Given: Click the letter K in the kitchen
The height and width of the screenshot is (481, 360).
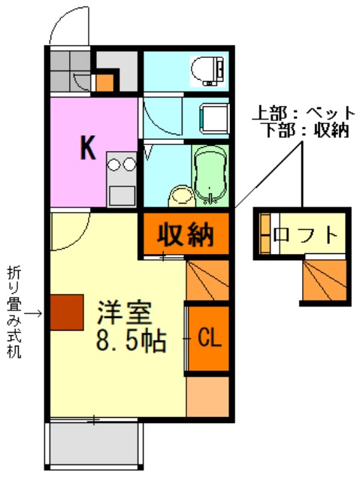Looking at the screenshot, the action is coord(88,148).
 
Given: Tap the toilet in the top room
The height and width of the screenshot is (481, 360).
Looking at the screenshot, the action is coord(208,71).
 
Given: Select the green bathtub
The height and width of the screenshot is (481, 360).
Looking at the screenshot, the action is coord(210,175).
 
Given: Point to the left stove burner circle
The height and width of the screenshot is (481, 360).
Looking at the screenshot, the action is coord(113,164).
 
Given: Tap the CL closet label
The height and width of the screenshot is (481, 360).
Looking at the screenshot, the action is coord(210,338).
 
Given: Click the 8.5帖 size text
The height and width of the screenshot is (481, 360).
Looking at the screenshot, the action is coord(132,340).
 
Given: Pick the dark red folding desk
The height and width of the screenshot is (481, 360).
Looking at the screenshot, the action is coord(67,313).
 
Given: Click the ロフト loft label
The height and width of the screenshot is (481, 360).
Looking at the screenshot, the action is coord(305,235).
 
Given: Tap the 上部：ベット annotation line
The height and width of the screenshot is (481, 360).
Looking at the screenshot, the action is coord(304,113).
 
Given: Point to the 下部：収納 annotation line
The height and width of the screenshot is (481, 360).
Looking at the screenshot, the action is coord(307,130).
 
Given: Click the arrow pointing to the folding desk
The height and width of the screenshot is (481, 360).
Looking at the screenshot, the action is coord(33,313).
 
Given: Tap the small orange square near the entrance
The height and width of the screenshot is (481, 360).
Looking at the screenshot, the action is coord(105,82).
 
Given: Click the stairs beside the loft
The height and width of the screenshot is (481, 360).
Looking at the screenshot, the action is coord(325,280).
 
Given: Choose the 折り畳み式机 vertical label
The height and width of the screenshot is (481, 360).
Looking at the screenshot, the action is coord(14,312).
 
